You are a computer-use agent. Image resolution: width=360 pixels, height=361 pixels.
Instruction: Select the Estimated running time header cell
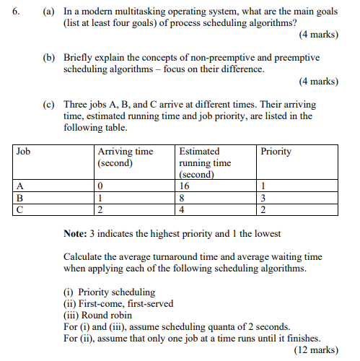click(x=205, y=162)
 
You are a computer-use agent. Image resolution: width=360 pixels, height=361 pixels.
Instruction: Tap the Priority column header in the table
click(x=276, y=152)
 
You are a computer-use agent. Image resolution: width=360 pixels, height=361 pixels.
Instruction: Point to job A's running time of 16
click(x=185, y=186)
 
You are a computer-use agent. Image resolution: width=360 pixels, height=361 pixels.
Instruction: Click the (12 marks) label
click(x=316, y=349)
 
